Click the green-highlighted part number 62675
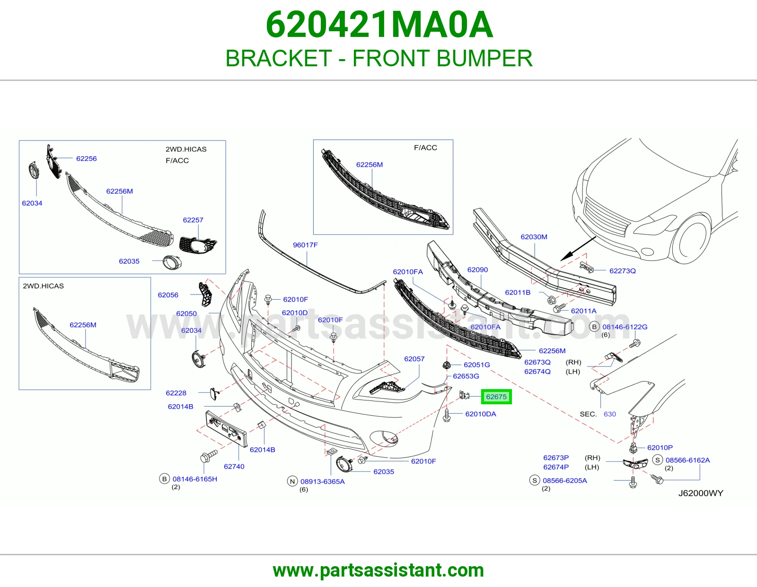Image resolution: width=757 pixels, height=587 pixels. point(496,397)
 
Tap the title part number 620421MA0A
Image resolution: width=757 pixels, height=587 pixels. point(379,25)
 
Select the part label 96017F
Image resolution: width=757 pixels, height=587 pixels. point(305,245)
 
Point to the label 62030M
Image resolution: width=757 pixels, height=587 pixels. point(534,237)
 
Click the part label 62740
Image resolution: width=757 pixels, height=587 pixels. point(234,466)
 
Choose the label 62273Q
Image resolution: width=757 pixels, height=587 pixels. point(622,271)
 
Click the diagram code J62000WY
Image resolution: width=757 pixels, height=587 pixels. point(701,493)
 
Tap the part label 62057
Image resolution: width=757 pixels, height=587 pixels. point(414,359)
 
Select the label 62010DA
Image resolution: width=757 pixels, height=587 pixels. point(480,414)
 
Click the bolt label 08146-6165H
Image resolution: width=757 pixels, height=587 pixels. point(195,479)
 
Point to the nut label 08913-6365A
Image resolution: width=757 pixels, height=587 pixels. point(322,481)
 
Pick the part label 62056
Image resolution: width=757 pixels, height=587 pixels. point(168,295)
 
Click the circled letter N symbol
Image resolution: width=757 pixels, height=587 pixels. point(292,481)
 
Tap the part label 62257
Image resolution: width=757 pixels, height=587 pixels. point(193,220)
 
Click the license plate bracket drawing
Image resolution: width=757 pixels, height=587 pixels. point(227,429)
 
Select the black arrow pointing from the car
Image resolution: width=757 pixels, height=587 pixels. point(578,249)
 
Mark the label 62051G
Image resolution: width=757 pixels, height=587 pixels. point(476,365)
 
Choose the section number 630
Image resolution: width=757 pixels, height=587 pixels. point(610,414)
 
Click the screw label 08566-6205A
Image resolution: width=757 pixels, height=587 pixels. point(565,480)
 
